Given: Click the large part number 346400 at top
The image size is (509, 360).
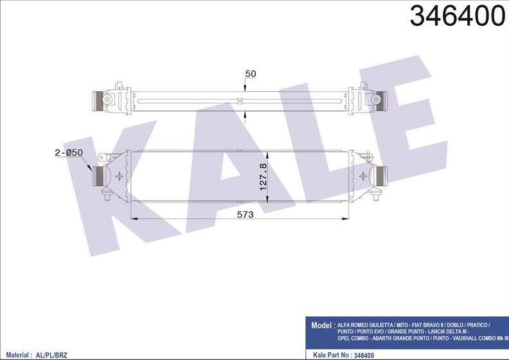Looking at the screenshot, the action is pyautogui.click(x=458, y=16).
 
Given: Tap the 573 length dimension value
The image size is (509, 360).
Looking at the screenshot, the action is pyautogui.click(x=245, y=215).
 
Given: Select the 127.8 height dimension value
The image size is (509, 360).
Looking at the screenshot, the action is pyautogui.click(x=263, y=177).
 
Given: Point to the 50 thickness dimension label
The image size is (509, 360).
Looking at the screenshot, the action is pyautogui.click(x=251, y=74).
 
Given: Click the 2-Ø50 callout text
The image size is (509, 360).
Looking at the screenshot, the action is pyautogui.click(x=69, y=152).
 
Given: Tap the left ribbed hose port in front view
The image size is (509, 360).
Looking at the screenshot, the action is pyautogui.click(x=98, y=176).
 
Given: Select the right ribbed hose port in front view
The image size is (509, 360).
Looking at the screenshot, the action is pyautogui.click(x=381, y=176).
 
